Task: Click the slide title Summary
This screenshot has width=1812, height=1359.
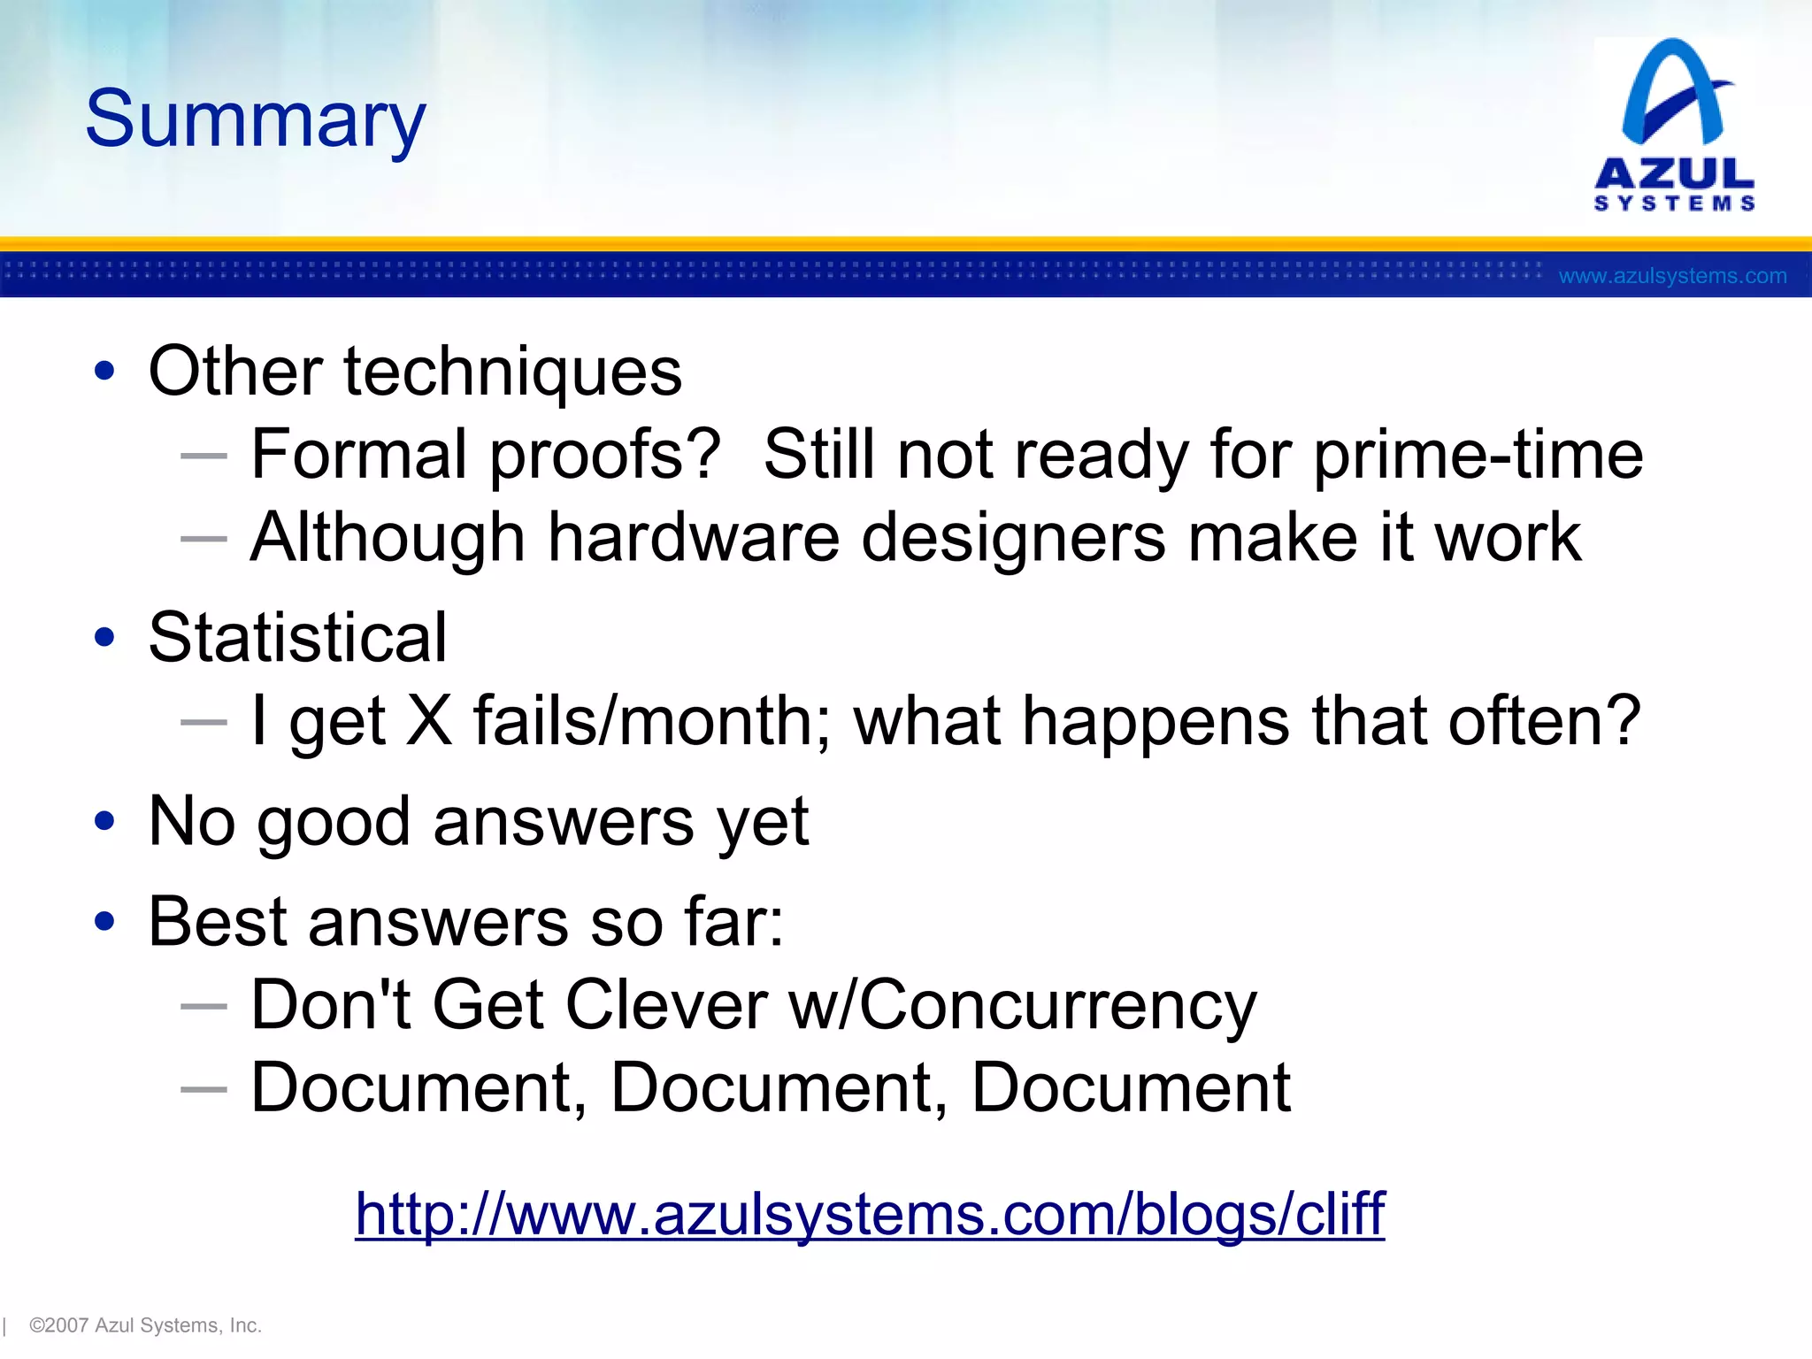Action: pyautogui.click(x=255, y=119)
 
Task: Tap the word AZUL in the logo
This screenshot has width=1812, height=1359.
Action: pyautogui.click(x=1674, y=173)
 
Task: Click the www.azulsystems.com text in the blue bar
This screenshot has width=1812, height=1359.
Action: pyautogui.click(x=1672, y=276)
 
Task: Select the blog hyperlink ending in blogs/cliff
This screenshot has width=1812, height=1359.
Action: pyautogui.click(x=870, y=1214)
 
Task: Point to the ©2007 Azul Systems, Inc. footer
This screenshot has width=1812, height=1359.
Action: pyautogui.click(x=145, y=1325)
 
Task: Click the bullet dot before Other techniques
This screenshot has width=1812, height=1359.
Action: pyautogui.click(x=104, y=372)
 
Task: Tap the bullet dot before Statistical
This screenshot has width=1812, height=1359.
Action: pyautogui.click(x=104, y=637)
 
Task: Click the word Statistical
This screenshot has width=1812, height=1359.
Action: pyautogui.click(x=297, y=637)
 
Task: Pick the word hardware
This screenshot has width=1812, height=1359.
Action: pyautogui.click(x=693, y=538)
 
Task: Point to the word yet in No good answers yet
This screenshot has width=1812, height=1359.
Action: pyautogui.click(x=763, y=823)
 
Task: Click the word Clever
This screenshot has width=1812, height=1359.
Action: pyautogui.click(x=666, y=1005)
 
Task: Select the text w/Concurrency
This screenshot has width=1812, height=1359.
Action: pyautogui.click(x=1022, y=1007)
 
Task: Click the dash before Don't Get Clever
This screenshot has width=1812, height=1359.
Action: pyautogui.click(x=203, y=1007)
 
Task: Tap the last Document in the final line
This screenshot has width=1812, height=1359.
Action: pyautogui.click(x=1131, y=1088)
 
